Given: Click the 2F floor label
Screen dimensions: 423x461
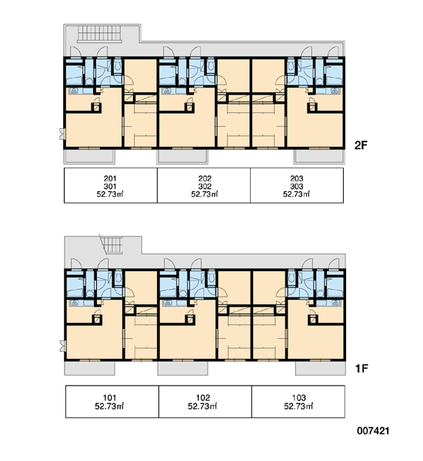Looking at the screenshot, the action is tap(361, 145).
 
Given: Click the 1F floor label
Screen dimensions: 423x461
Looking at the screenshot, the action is tap(361, 368).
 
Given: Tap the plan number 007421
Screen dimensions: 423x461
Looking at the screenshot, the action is tap(373, 431).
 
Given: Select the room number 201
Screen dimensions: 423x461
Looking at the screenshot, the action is tap(110, 178).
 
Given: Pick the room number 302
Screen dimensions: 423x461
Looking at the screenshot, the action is tap(205, 187).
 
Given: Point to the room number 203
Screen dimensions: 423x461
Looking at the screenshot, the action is tap(296, 178).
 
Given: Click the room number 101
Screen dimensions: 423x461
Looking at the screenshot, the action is tap(109, 398).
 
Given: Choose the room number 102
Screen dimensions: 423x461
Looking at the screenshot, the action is tap(203, 398).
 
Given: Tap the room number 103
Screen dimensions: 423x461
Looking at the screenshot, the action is tap(298, 398).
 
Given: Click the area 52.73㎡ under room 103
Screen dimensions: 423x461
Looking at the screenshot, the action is tap(298, 406).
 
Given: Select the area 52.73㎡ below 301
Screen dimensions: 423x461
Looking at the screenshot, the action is tap(110, 194).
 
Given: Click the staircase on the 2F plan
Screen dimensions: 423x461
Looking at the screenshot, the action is tap(99, 34).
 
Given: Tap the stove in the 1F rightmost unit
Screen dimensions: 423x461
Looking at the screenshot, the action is tap(335, 303).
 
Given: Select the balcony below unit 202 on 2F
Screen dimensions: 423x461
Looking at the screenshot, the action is tap(182, 157).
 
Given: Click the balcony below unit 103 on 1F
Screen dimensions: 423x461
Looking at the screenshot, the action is tap(320, 368).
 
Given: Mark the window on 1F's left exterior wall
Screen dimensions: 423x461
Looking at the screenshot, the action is tap(62, 346).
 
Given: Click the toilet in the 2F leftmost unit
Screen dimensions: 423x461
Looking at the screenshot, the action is tap(118, 66).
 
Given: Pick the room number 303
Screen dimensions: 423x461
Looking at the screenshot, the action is tap(296, 187).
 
